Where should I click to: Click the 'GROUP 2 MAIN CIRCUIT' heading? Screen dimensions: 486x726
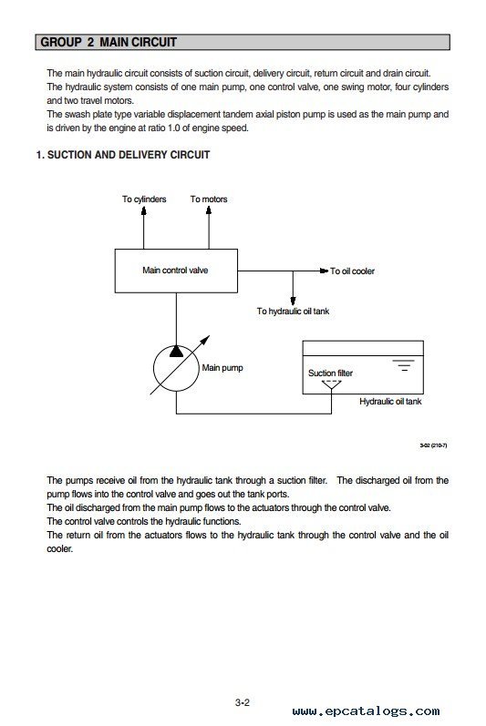point(109,42)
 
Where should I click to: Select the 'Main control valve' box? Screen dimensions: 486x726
point(176,271)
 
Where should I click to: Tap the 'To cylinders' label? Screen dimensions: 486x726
point(144,199)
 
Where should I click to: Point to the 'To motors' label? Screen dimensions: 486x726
point(209,199)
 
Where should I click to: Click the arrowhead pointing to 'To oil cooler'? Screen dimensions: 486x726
point(324,271)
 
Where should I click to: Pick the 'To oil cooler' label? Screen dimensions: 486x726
point(352,271)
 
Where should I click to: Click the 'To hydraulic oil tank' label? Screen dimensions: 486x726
point(293,312)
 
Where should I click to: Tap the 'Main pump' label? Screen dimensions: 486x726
point(222,368)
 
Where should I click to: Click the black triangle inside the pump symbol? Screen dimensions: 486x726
point(176,352)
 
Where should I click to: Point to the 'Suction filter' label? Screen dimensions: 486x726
point(330,373)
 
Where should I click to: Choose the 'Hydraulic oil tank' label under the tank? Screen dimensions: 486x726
point(390,402)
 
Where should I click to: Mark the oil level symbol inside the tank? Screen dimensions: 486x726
point(404,365)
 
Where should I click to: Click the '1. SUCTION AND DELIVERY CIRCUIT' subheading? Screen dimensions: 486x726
point(123,155)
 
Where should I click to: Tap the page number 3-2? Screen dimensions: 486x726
point(243,702)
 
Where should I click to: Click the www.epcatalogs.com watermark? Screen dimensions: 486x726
point(366,711)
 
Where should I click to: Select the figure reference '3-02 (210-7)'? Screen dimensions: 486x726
point(433,445)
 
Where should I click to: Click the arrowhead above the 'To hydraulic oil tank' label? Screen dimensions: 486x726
point(293,301)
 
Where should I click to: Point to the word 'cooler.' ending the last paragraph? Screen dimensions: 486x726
point(60,548)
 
